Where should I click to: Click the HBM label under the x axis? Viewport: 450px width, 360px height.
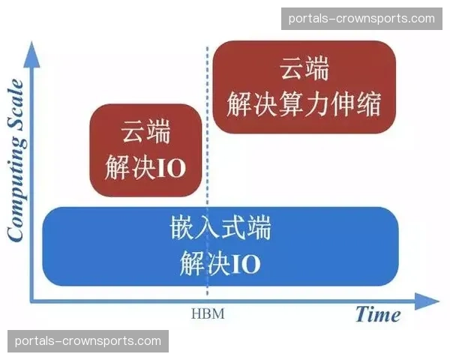[208, 314]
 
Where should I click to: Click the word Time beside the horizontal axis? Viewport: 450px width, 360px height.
[378, 314]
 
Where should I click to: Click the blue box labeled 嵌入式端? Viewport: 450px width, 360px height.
[220, 246]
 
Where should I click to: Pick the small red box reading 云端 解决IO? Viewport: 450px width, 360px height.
[145, 150]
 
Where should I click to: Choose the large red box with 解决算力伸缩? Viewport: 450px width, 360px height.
[304, 86]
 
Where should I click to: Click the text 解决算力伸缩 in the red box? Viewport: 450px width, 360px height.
[304, 103]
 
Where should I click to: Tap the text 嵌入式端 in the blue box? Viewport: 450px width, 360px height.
[220, 228]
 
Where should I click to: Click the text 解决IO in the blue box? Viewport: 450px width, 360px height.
[220, 263]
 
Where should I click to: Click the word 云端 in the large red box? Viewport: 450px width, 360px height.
[304, 69]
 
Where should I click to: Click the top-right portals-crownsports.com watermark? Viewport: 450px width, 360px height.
[361, 19]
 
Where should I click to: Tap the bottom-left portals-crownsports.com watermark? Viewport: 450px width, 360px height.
[88, 341]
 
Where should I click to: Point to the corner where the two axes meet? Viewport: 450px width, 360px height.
[32, 301]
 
